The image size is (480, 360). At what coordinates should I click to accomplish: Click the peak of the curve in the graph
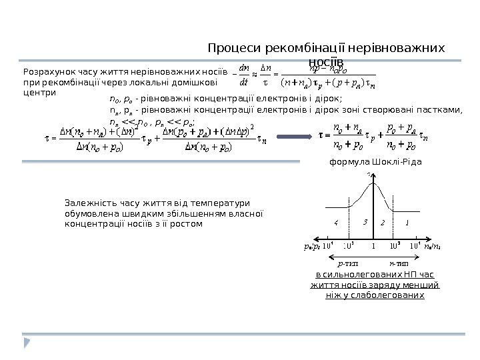pos(374,183)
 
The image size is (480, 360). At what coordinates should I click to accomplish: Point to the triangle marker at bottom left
pos(27,343)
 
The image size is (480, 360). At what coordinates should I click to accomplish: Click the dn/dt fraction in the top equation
pos(244,79)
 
